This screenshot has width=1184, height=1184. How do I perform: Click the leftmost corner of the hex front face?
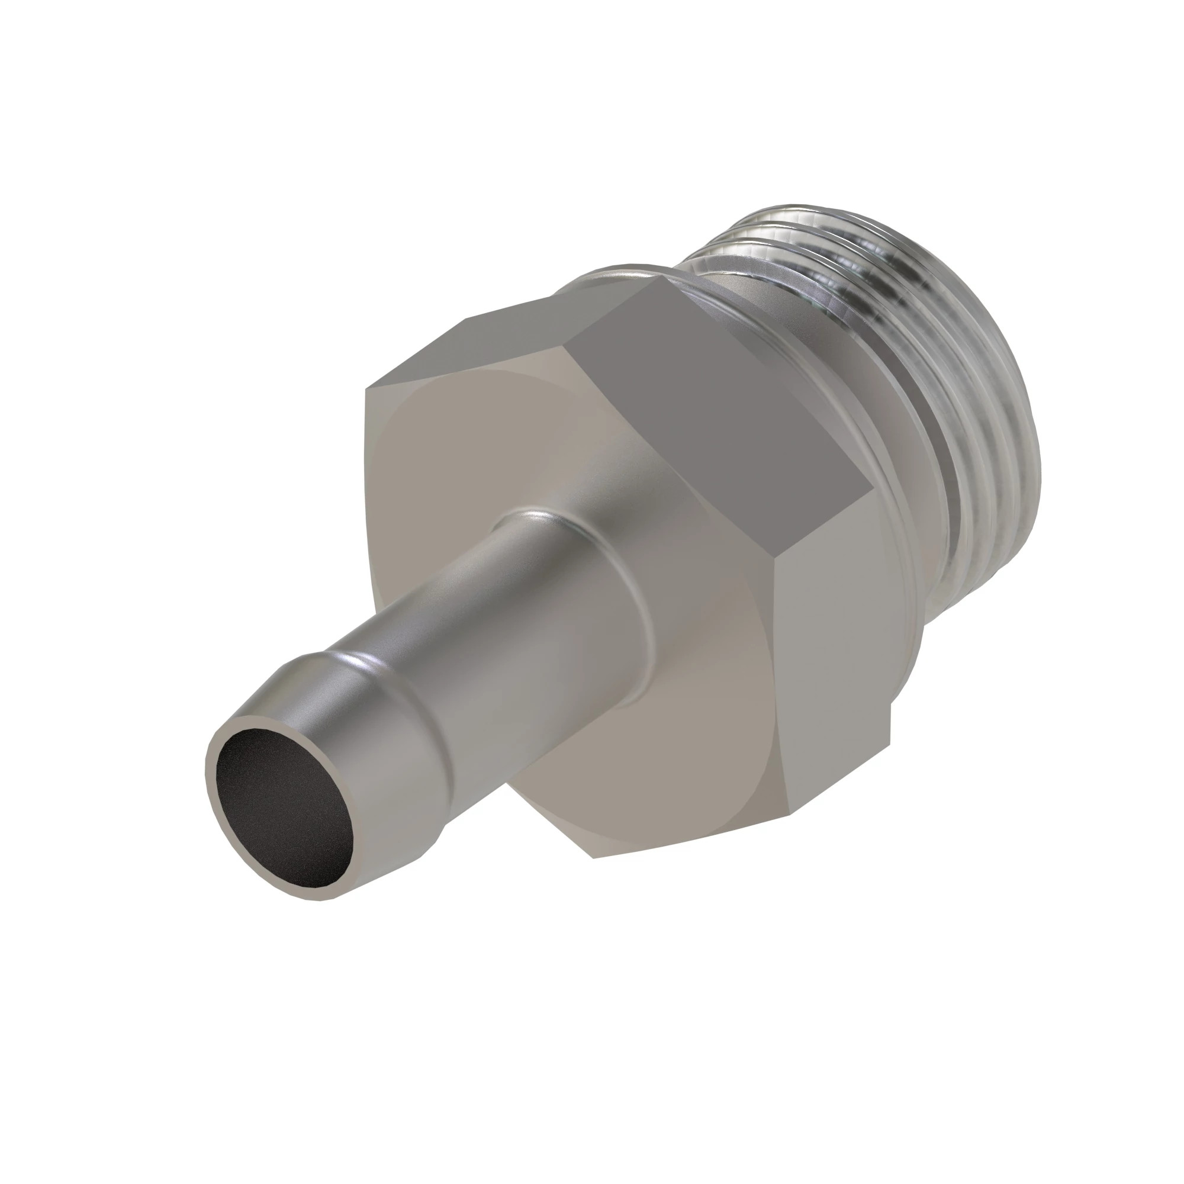point(366,390)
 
